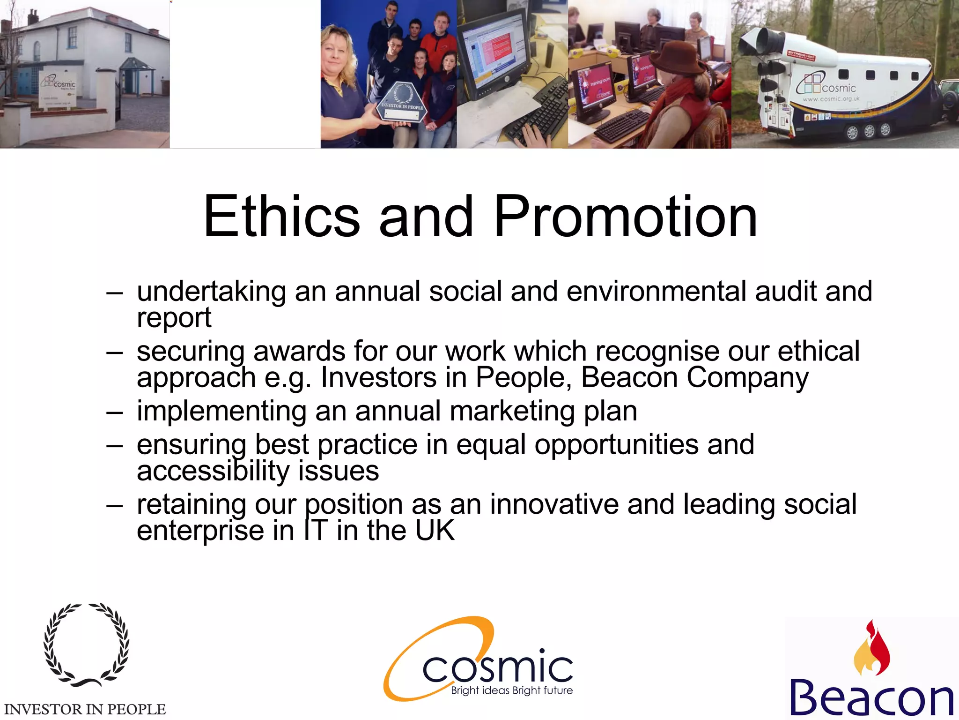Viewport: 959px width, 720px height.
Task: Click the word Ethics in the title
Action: pyautogui.click(x=281, y=217)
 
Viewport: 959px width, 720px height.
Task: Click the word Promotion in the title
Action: pyautogui.click(x=625, y=217)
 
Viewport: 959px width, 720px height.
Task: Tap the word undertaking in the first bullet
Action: pyautogui.click(x=211, y=292)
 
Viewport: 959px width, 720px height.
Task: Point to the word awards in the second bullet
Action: pyautogui.click(x=299, y=351)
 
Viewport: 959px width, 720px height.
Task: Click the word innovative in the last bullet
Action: pyautogui.click(x=554, y=505)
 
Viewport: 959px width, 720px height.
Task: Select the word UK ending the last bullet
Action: pyautogui.click(x=435, y=531)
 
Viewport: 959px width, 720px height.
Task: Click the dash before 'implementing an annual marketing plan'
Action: pyautogui.click(x=115, y=413)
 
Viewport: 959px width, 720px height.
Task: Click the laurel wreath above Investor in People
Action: pyautogui.click(x=86, y=645)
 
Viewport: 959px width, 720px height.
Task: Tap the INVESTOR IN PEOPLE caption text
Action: pyautogui.click(x=85, y=709)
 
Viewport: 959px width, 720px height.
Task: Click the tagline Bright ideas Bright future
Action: pyautogui.click(x=512, y=690)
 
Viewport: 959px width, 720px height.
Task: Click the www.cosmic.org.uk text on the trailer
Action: pyautogui.click(x=831, y=99)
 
